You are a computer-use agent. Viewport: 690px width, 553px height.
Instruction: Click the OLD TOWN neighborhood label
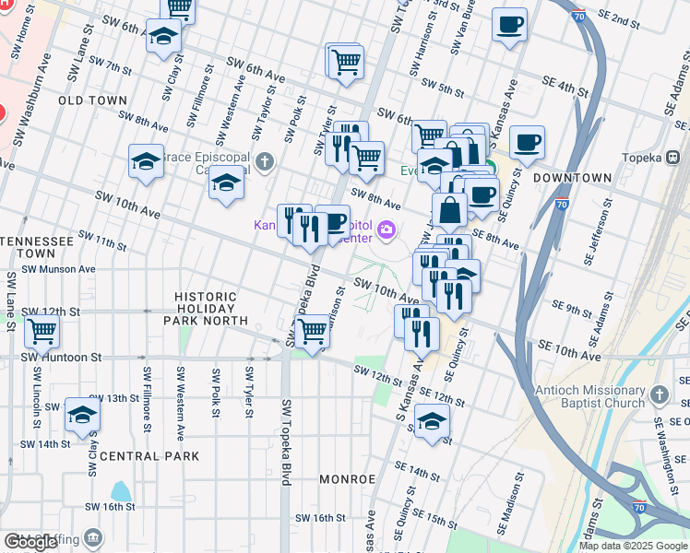click(92, 99)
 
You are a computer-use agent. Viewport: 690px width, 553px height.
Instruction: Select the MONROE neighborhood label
click(347, 479)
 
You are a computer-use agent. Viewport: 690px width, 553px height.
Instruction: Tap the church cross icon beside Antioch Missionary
click(659, 395)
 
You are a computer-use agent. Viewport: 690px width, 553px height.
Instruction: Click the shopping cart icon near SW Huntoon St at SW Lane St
click(42, 330)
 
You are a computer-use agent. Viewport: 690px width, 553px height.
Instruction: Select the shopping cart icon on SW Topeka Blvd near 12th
click(314, 329)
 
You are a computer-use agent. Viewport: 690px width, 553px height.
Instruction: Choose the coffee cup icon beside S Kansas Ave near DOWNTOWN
click(527, 142)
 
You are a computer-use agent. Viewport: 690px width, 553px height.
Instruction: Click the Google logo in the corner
click(30, 542)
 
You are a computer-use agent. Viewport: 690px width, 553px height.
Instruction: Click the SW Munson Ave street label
click(58, 269)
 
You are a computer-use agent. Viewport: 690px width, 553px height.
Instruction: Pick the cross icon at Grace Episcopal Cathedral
click(265, 163)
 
